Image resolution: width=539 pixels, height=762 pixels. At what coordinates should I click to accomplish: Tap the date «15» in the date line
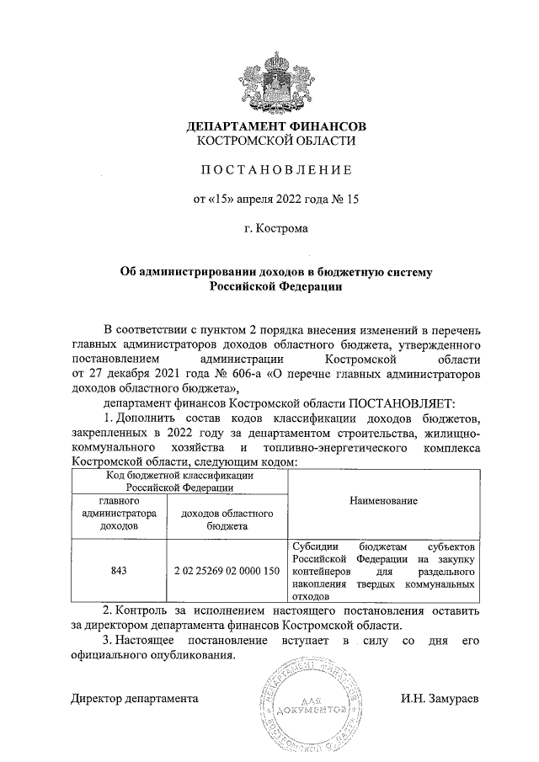tap(219, 200)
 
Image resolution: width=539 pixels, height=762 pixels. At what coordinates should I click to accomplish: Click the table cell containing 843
tap(119, 570)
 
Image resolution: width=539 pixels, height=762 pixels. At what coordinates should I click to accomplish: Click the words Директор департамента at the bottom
tap(135, 699)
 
